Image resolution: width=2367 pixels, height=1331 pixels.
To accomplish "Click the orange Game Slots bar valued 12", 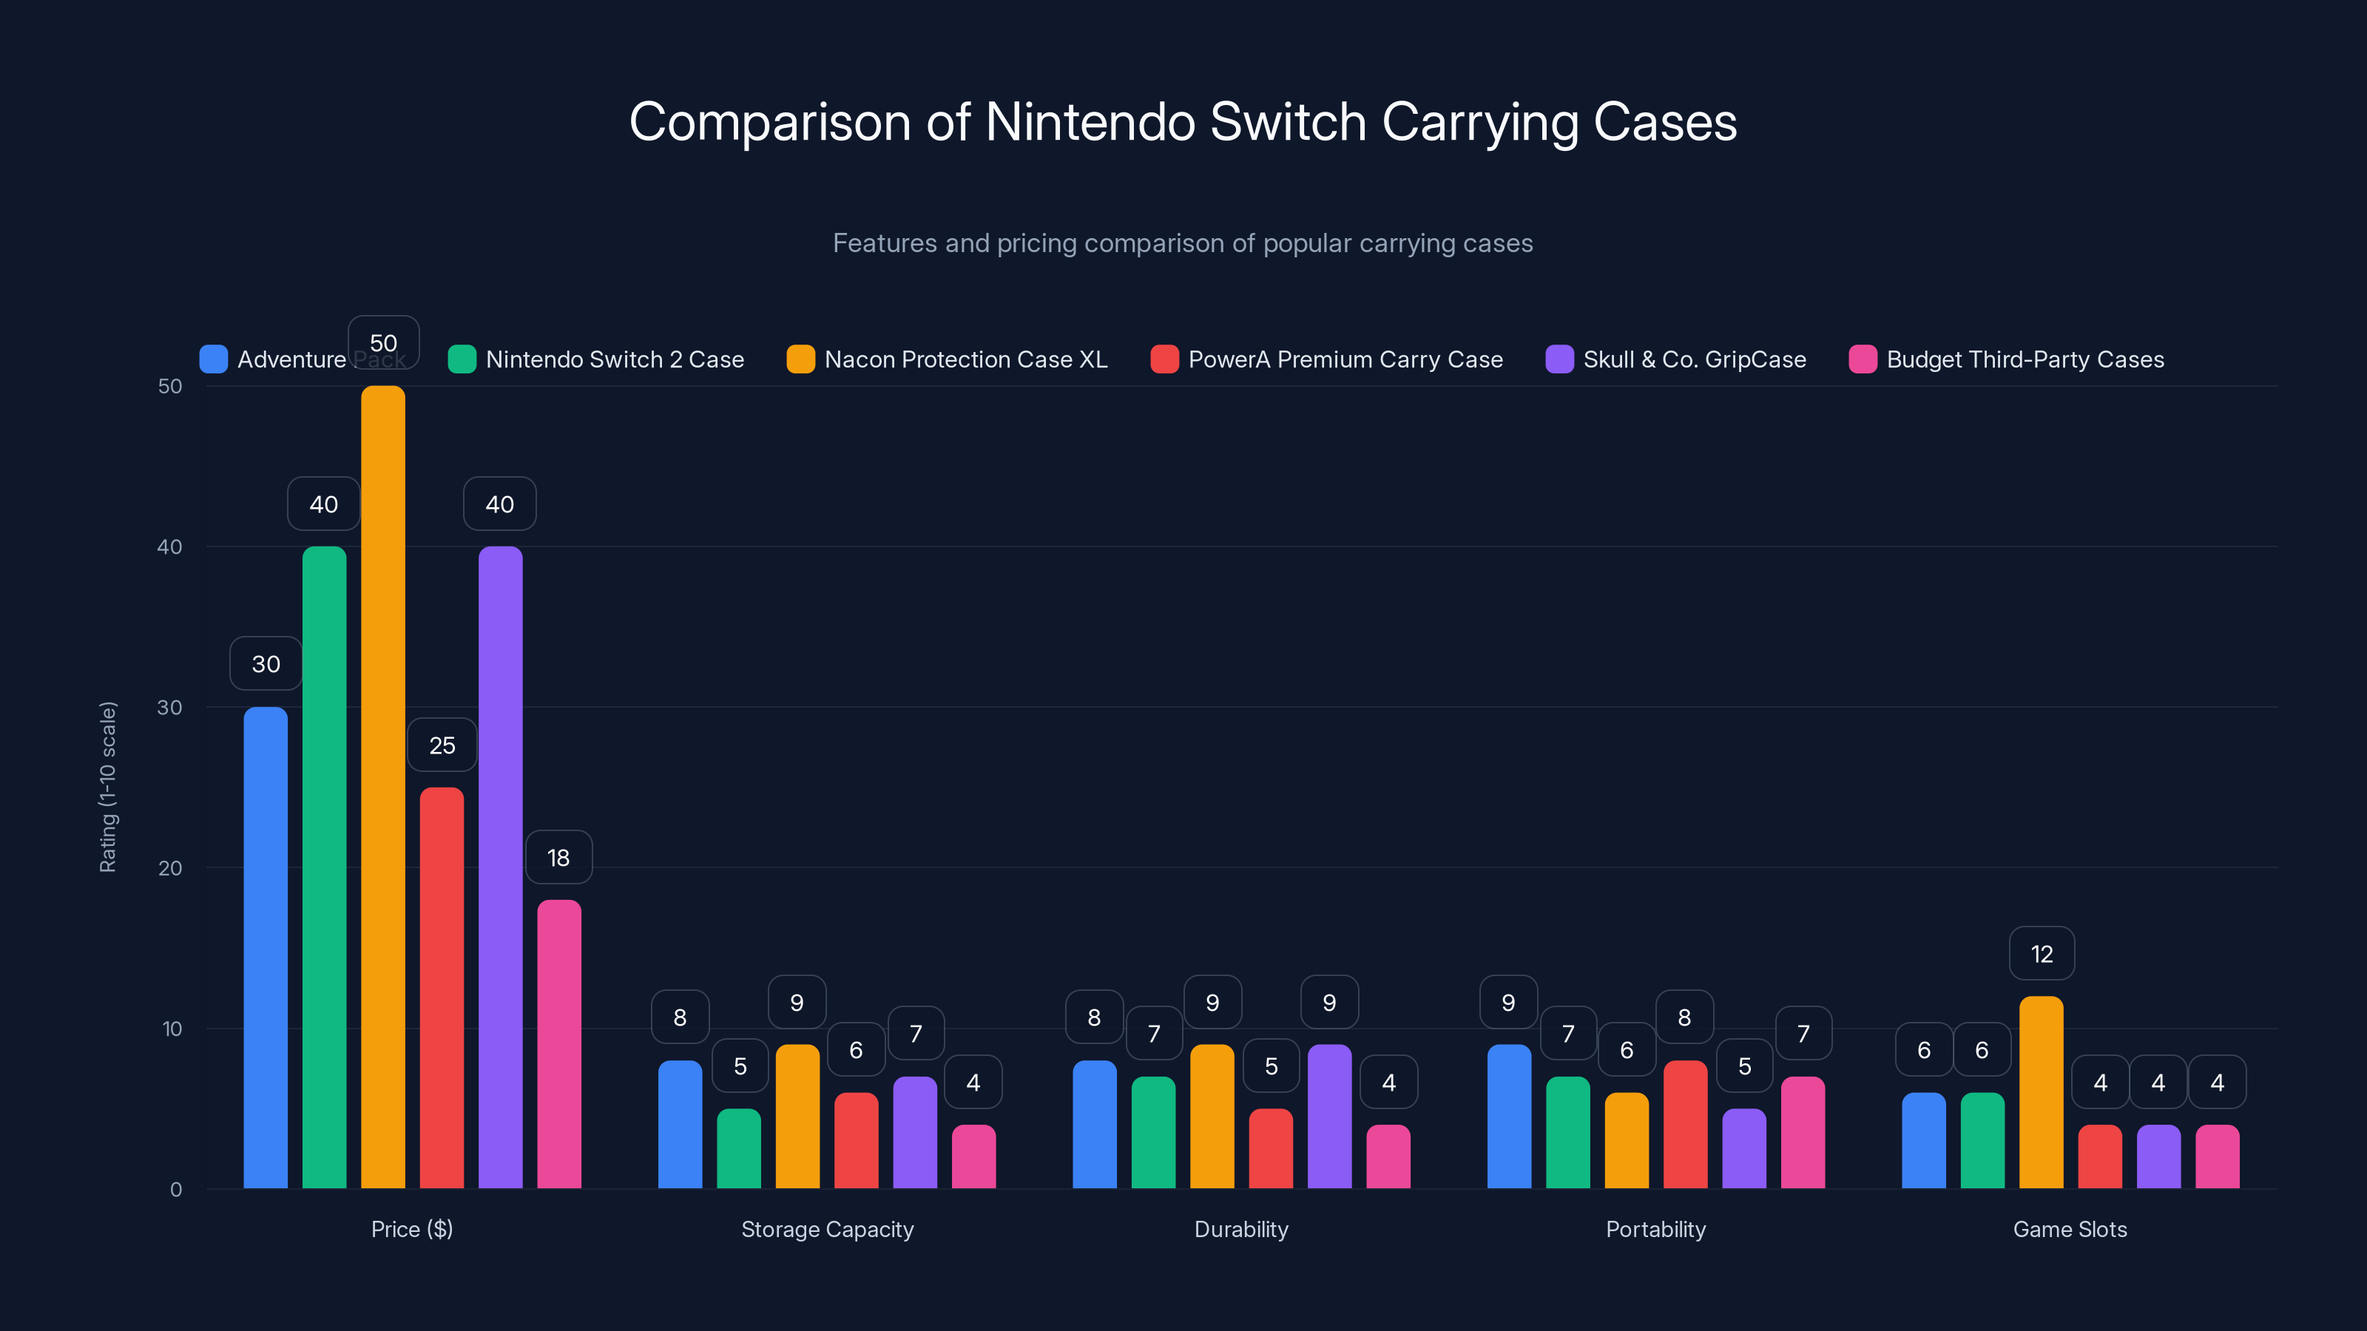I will click(2041, 1092).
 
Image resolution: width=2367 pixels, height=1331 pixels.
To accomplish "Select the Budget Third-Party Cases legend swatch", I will click(1863, 359).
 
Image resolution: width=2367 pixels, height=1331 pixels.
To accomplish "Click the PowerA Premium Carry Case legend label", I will click(1345, 359).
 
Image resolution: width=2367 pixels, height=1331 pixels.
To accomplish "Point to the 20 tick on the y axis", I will click(170, 868).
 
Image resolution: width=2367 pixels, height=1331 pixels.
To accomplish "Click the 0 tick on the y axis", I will click(175, 1190).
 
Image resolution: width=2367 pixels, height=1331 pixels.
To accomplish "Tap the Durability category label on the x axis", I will click(1240, 1229).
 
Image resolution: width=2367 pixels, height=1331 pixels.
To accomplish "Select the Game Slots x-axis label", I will click(2070, 1229).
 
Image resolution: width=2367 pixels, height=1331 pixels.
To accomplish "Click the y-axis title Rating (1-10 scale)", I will click(109, 788).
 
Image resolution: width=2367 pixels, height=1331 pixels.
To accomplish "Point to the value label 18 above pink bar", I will click(558, 858).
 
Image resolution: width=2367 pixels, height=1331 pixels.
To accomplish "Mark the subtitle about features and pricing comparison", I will click(1183, 243).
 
